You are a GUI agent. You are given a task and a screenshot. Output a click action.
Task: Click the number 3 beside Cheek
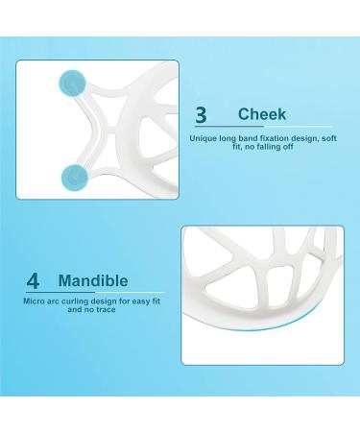[201, 114]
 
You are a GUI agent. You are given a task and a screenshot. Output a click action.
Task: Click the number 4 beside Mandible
[33, 282]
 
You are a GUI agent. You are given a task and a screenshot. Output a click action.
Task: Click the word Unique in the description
[205, 138]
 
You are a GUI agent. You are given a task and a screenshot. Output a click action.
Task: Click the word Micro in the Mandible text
[34, 300]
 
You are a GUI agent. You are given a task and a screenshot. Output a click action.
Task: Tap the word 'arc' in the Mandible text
[55, 300]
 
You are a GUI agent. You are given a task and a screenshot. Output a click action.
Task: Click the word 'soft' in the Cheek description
[326, 138]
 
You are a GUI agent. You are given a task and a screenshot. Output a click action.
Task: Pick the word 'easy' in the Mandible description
[136, 300]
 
